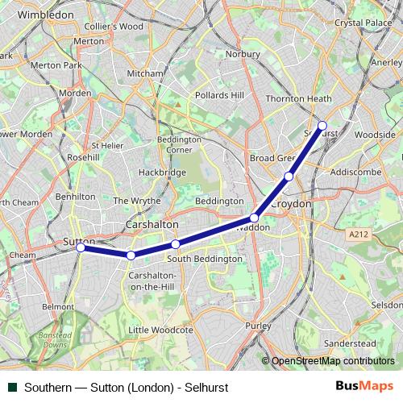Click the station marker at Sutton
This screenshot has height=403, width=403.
81,247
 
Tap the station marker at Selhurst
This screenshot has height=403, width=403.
322,126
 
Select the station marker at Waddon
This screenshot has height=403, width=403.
254,218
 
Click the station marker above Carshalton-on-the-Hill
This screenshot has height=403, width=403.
131,256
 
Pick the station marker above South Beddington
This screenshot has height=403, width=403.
175,244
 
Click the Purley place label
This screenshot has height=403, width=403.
259,325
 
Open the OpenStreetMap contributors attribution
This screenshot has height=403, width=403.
332,361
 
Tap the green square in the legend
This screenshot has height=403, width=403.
12,388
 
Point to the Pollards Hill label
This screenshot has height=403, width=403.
219,95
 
